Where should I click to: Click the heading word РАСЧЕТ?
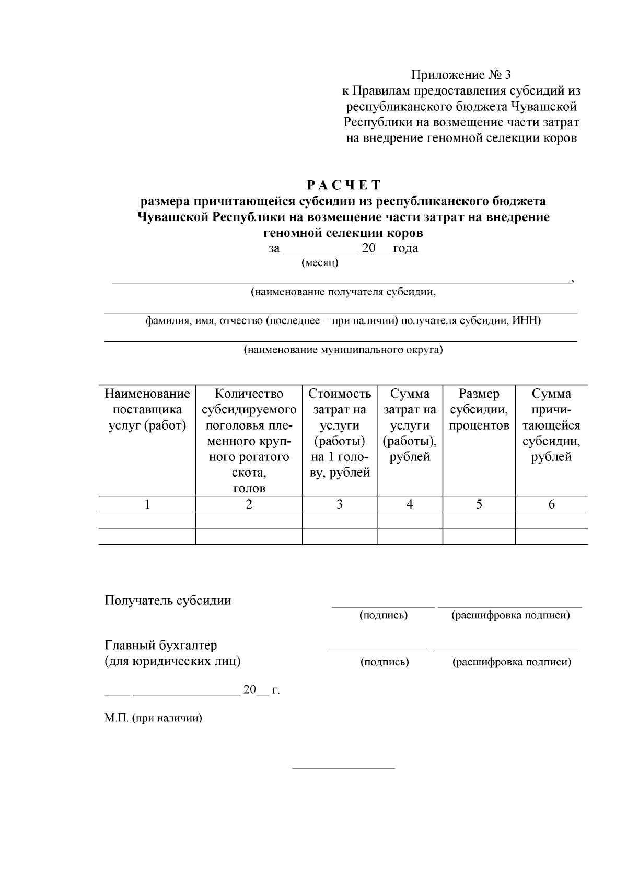point(344,185)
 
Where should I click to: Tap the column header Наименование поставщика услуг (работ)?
point(147,410)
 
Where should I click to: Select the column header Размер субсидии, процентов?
point(479,410)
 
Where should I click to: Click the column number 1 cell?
point(147,504)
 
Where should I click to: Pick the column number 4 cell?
point(410,504)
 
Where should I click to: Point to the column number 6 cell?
point(551,504)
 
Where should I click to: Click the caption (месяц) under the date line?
point(320,263)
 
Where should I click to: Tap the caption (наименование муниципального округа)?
point(343,350)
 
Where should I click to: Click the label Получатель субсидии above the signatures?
point(168,601)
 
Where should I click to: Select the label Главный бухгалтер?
point(161,646)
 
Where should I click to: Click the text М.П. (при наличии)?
point(153,718)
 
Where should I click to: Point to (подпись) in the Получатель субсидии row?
point(384,615)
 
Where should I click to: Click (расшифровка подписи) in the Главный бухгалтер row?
point(512,662)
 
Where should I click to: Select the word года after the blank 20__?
point(405,248)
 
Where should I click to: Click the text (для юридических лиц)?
point(172,661)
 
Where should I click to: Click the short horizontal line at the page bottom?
point(343,768)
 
